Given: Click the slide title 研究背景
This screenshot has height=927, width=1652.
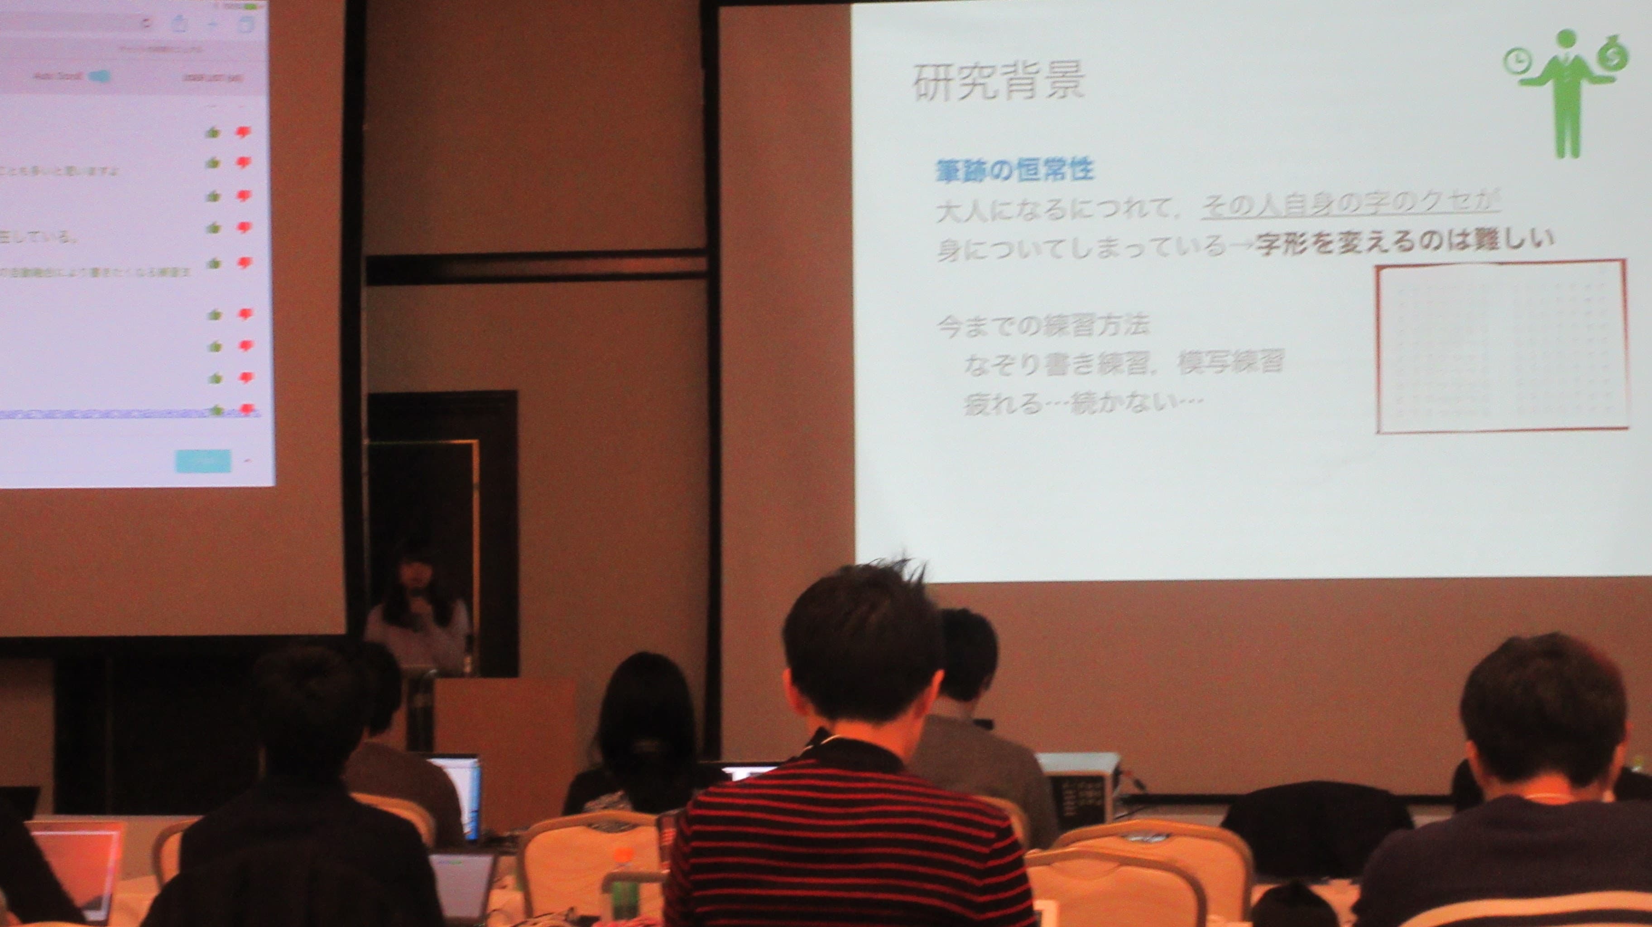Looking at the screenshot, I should [x=998, y=82].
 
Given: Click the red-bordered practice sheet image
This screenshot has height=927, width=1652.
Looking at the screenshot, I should [x=1501, y=346].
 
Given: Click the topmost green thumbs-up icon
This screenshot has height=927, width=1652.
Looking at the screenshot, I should [x=212, y=132].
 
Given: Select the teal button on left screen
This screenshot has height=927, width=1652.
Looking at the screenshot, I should [x=203, y=461].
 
